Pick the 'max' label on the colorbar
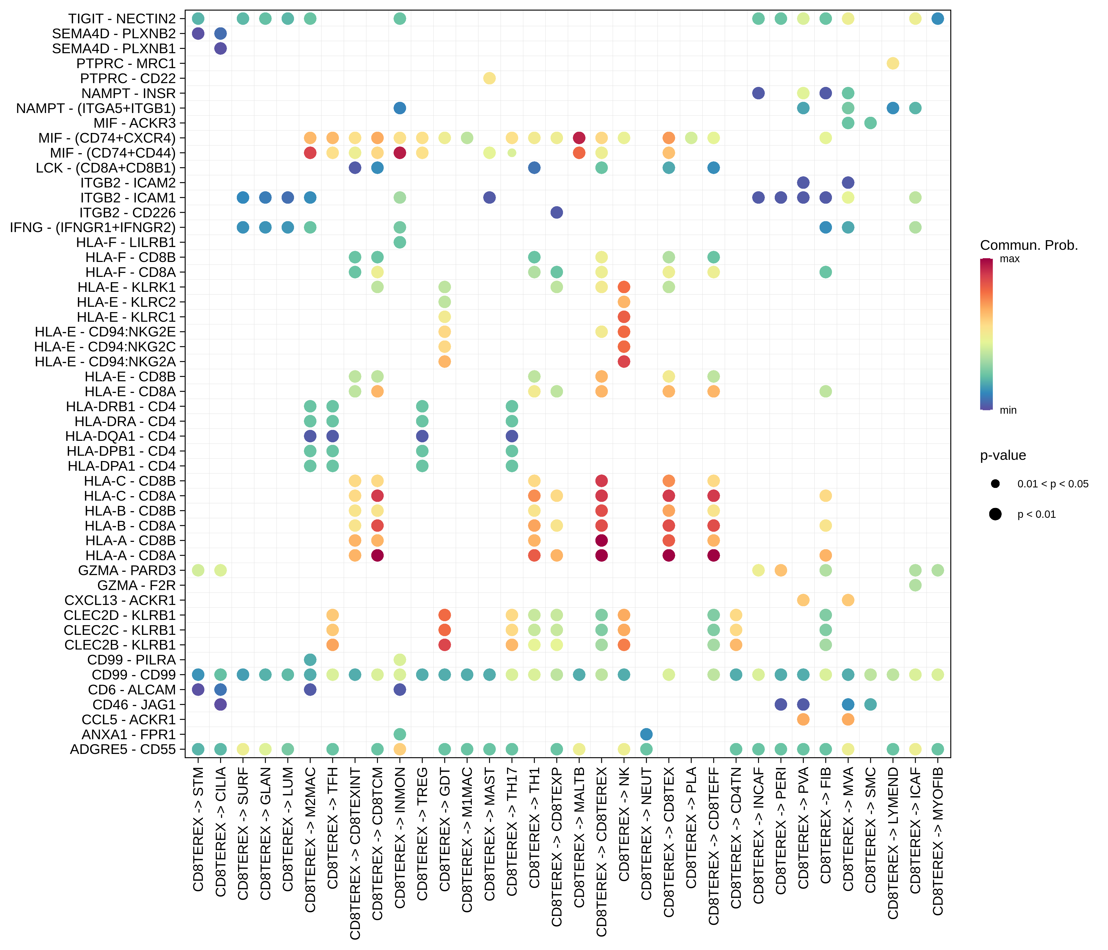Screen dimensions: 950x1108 pos(1009,259)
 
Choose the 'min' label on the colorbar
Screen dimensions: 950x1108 pos(1008,410)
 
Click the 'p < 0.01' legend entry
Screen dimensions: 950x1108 pos(1036,515)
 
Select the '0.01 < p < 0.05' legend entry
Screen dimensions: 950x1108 pos(1052,484)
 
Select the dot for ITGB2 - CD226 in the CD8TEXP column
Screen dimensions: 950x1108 pos(557,212)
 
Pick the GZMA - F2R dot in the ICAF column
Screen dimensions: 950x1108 pos(915,585)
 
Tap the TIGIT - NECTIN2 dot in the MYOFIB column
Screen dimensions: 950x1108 pos(937,19)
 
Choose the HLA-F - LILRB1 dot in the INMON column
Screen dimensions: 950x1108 pos(399,242)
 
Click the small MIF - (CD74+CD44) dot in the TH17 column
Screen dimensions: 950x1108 pos(512,153)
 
